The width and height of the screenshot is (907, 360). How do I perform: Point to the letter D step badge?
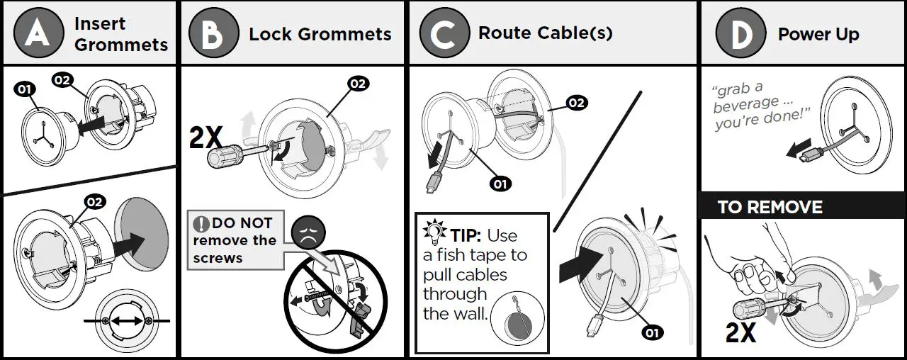click(x=740, y=33)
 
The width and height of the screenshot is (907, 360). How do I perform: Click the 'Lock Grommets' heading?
click(x=320, y=34)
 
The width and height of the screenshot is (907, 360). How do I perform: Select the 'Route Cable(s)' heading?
click(x=545, y=33)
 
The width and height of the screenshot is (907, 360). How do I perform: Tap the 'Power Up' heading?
click(x=818, y=34)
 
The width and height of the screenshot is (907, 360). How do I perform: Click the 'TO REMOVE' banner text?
click(x=770, y=208)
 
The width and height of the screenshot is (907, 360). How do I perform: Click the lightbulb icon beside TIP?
click(x=432, y=232)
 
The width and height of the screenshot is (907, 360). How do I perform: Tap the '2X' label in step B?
click(x=205, y=139)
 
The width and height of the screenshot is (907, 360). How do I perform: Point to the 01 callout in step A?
click(x=25, y=89)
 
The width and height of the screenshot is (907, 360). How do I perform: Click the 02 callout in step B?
click(x=358, y=84)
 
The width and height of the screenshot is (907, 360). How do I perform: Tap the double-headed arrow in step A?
click(x=127, y=321)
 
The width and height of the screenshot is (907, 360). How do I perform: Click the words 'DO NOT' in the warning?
click(x=242, y=223)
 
